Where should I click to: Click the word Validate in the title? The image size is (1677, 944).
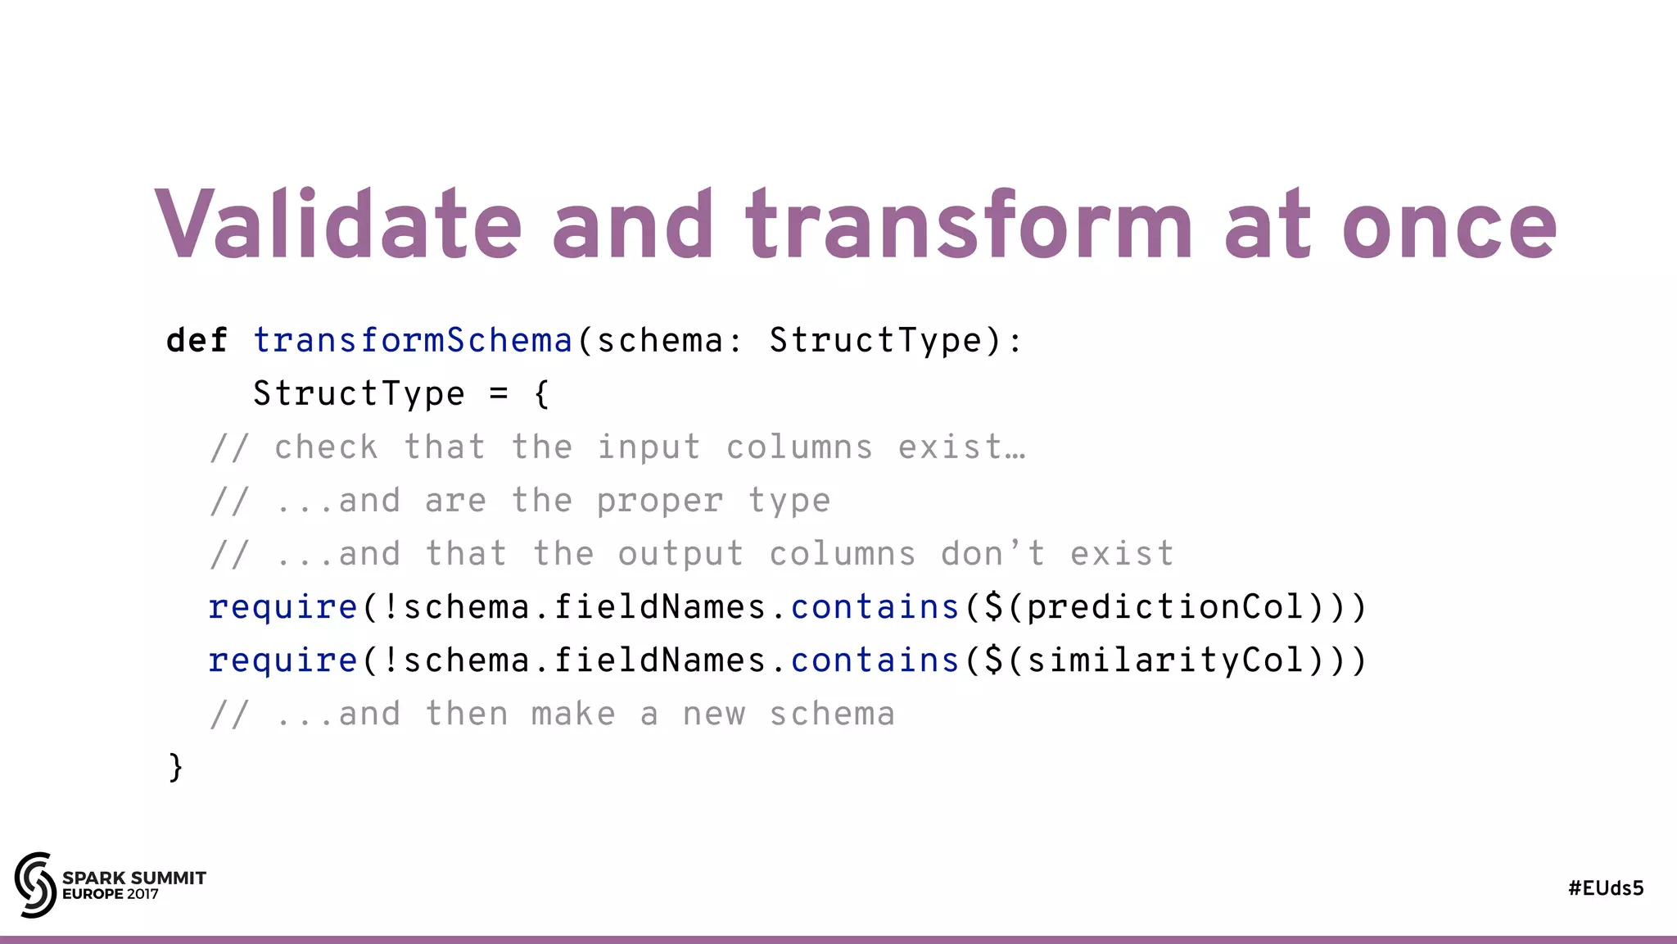337,224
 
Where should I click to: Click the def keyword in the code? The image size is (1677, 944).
197,340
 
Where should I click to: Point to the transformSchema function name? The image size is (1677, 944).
412,340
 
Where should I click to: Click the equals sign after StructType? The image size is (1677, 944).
499,394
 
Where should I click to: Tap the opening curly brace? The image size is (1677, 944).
541,394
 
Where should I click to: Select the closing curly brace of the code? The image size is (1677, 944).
175,767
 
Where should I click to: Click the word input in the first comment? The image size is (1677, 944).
649,447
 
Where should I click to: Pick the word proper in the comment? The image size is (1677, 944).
660,501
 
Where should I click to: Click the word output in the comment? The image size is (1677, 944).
680,555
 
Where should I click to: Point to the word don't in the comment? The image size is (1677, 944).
992,554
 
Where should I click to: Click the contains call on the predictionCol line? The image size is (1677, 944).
875,607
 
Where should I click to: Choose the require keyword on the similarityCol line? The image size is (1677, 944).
283,660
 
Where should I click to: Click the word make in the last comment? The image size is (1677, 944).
573,715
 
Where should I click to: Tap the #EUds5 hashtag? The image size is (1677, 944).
1606,888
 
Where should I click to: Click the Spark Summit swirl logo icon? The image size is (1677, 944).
35,884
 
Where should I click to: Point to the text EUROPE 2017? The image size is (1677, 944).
111,894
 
